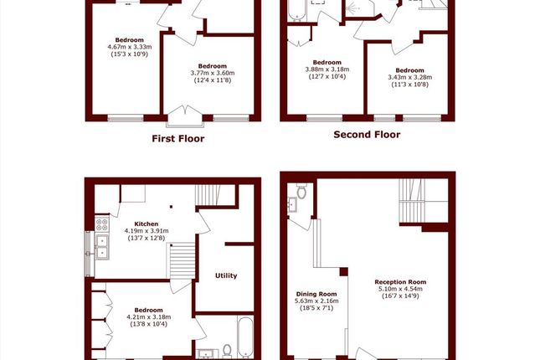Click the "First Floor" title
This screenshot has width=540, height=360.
pos(178,138)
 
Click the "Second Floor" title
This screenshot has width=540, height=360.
pos(367,134)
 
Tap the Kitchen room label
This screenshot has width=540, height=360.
pos(147,224)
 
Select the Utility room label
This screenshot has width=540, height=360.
pos(226,275)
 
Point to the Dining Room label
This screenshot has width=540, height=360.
pos(316,294)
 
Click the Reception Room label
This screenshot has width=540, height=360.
pos(400,282)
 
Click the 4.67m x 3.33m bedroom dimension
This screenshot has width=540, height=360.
pos(130,47)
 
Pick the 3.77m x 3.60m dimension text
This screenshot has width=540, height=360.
pos(213,73)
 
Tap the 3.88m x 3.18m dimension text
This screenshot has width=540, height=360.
pos(327,69)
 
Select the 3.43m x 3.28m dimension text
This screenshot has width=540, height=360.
pos(410,77)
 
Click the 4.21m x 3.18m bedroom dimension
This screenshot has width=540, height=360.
pos(149,317)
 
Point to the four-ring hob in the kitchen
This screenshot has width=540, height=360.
pos(101,224)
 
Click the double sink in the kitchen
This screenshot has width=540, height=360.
pos(102,247)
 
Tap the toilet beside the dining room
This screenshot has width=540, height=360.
pos(301,191)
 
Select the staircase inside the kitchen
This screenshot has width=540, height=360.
pos(183,260)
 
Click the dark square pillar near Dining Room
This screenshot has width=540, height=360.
pos(344,272)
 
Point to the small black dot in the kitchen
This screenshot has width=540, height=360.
pos(171,207)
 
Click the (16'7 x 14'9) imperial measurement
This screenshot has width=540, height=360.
pos(400,296)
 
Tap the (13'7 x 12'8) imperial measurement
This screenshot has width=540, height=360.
pos(147,238)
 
